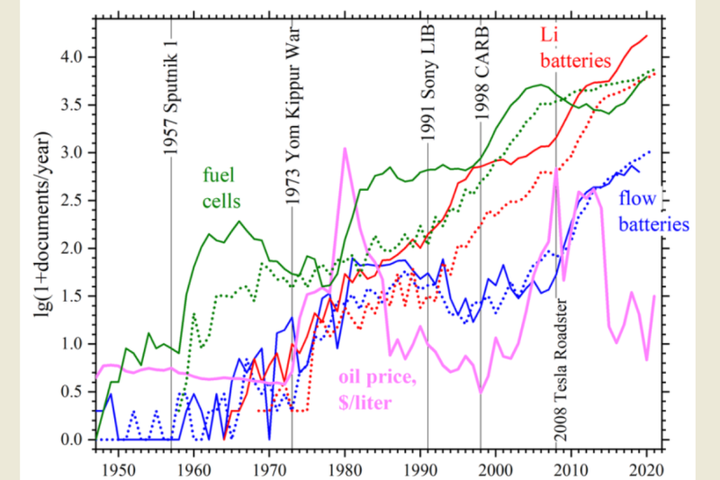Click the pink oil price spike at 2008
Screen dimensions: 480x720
556,168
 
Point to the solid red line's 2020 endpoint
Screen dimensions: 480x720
647,36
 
